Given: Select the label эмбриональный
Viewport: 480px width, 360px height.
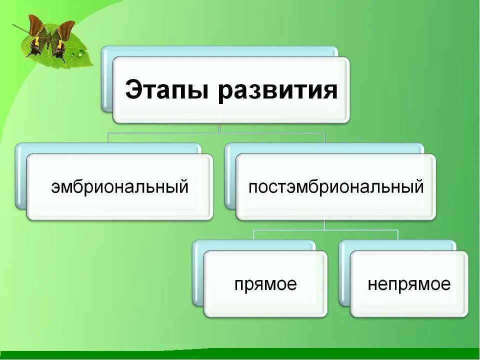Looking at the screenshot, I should tap(120, 187).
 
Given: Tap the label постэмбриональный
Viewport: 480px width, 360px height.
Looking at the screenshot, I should tap(336, 187).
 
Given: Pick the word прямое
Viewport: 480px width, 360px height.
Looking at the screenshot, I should tap(265, 284).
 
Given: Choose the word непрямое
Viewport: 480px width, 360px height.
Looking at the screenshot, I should tap(409, 284).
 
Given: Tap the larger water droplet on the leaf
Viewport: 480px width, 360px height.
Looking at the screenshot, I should tap(80, 52).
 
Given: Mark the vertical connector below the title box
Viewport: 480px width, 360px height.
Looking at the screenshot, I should tap(219, 128).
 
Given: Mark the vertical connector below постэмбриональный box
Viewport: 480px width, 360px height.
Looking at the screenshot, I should tap(325, 225).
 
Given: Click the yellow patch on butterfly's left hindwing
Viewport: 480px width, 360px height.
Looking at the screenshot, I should tap(36, 45).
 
